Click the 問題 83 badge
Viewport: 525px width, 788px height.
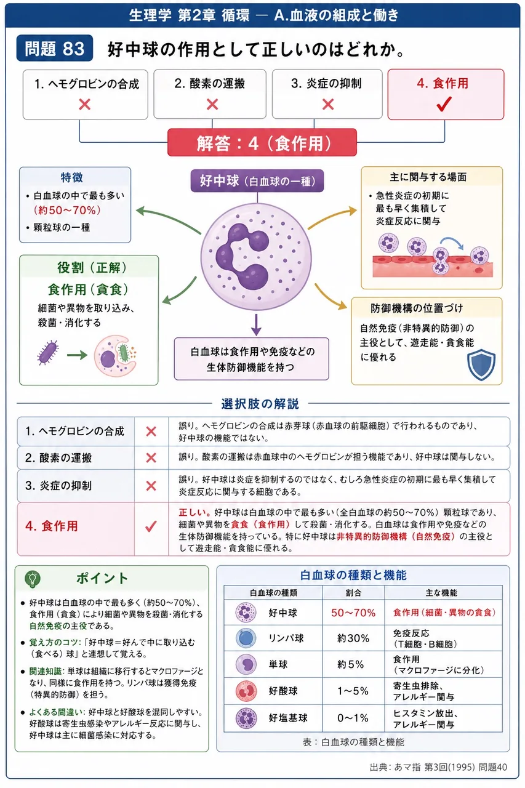pyautogui.click(x=55, y=48)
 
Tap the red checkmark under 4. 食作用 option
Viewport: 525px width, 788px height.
pyautogui.click(x=444, y=104)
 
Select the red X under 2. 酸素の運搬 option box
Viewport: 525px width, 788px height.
pyautogui.click(x=212, y=105)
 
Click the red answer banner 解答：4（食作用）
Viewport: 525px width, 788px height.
pyautogui.click(x=262, y=142)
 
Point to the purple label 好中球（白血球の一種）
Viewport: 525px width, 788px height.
pyautogui.click(x=257, y=181)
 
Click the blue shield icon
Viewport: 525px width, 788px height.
pyautogui.click(x=481, y=365)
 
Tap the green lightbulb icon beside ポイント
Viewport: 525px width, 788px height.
pyautogui.click(x=33, y=579)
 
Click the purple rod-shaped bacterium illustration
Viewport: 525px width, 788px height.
pyautogui.click(x=47, y=353)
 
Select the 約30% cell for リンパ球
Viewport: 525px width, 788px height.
pyautogui.click(x=353, y=638)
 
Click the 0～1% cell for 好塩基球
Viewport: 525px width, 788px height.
pyautogui.click(x=353, y=718)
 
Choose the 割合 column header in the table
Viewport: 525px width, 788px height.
pyautogui.click(x=353, y=593)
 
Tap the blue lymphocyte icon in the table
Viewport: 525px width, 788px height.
pyautogui.click(x=246, y=638)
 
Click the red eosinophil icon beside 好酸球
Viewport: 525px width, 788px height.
pyautogui.click(x=246, y=691)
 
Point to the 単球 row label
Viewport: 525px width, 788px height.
pyautogui.click(x=278, y=664)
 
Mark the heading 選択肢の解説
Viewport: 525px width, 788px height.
pyautogui.click(x=260, y=404)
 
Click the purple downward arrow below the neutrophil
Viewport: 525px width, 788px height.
pyautogui.click(x=256, y=324)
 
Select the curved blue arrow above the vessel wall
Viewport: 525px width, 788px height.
pyautogui.click(x=452, y=243)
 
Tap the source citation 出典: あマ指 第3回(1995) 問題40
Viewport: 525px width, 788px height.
pyautogui.click(x=438, y=767)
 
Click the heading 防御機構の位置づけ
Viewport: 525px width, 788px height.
pyautogui.click(x=416, y=308)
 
